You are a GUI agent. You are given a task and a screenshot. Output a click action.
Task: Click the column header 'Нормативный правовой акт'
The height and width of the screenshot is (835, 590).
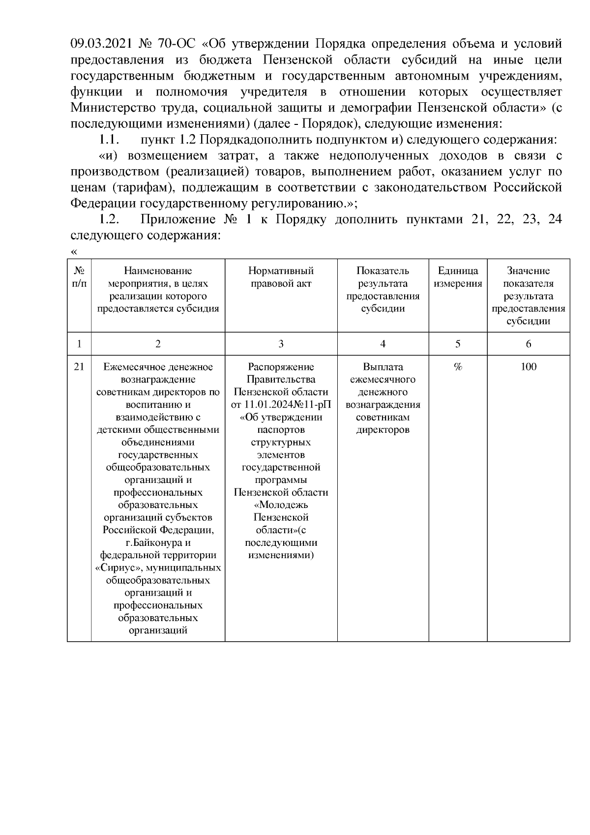pos(281,277)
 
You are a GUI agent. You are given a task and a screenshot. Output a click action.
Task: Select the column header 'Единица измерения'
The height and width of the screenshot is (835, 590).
pos(458,277)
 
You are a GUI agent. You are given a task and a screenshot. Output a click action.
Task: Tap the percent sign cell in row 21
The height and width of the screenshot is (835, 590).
pos(458,367)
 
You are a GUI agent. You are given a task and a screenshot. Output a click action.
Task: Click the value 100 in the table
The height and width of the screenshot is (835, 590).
pos(529,367)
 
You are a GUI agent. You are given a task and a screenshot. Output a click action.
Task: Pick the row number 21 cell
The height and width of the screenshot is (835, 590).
pos(79,367)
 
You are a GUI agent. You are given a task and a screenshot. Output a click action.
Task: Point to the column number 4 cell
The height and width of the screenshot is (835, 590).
pos(383,344)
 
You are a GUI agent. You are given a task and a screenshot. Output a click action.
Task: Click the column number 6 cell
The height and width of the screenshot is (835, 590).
pos(529,344)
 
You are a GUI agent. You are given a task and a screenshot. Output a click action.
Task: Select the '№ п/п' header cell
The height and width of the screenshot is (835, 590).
pos(79,277)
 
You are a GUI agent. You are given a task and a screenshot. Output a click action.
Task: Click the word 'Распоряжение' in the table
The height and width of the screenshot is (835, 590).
pos(281,367)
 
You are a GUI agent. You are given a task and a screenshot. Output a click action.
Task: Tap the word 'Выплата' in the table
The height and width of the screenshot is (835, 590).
pos(383,367)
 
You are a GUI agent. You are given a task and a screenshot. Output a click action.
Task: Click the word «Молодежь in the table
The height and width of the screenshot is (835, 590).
pos(281,505)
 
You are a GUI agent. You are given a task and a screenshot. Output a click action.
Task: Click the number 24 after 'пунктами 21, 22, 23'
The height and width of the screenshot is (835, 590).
pos(555,219)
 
